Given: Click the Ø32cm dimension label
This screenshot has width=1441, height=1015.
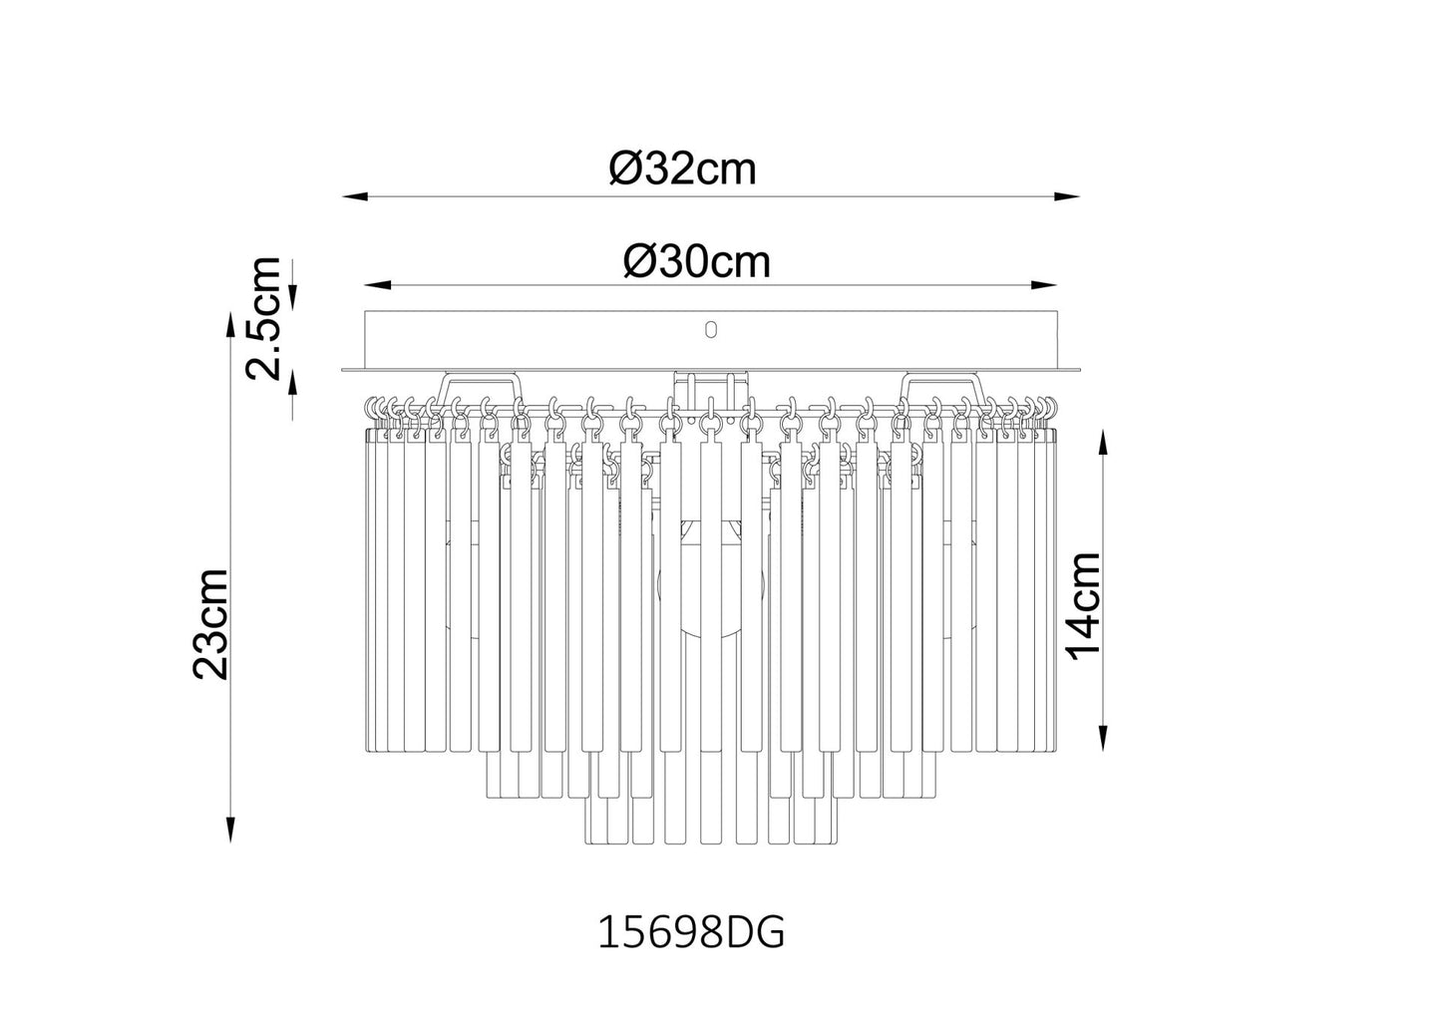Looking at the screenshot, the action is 682,169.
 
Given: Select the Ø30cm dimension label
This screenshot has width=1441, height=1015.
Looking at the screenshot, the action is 697,261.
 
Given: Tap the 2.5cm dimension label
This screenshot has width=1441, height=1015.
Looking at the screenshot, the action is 263,318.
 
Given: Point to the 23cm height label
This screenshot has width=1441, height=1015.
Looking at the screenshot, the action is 211,623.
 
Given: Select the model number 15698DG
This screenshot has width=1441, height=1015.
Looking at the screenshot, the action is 691,932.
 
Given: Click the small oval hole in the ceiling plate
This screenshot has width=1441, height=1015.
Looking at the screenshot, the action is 710,329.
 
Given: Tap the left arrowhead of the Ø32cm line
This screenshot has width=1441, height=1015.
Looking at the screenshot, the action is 354,196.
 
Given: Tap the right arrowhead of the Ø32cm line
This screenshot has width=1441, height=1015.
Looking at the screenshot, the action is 1066,196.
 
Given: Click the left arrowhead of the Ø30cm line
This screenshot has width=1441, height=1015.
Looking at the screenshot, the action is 378,284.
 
